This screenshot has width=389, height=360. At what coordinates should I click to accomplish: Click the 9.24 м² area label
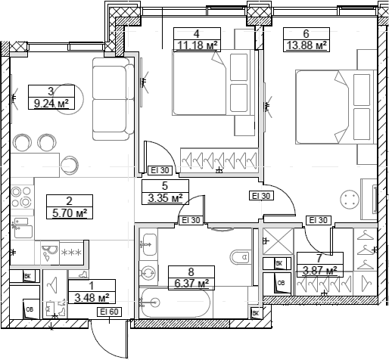pos(53,104)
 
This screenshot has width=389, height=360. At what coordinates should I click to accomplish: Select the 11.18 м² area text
pos(195,45)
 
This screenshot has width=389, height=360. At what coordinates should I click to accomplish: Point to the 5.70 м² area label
pos(68,213)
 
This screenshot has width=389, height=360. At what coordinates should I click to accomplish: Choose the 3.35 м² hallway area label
pos(163,198)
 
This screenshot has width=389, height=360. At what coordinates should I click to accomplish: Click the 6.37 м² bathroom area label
pos(191,284)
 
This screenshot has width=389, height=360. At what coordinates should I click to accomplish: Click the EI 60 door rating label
pos(110,311)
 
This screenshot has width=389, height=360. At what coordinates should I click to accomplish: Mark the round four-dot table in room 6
pos(350,198)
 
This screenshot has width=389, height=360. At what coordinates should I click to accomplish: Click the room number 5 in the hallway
pos(164,185)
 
